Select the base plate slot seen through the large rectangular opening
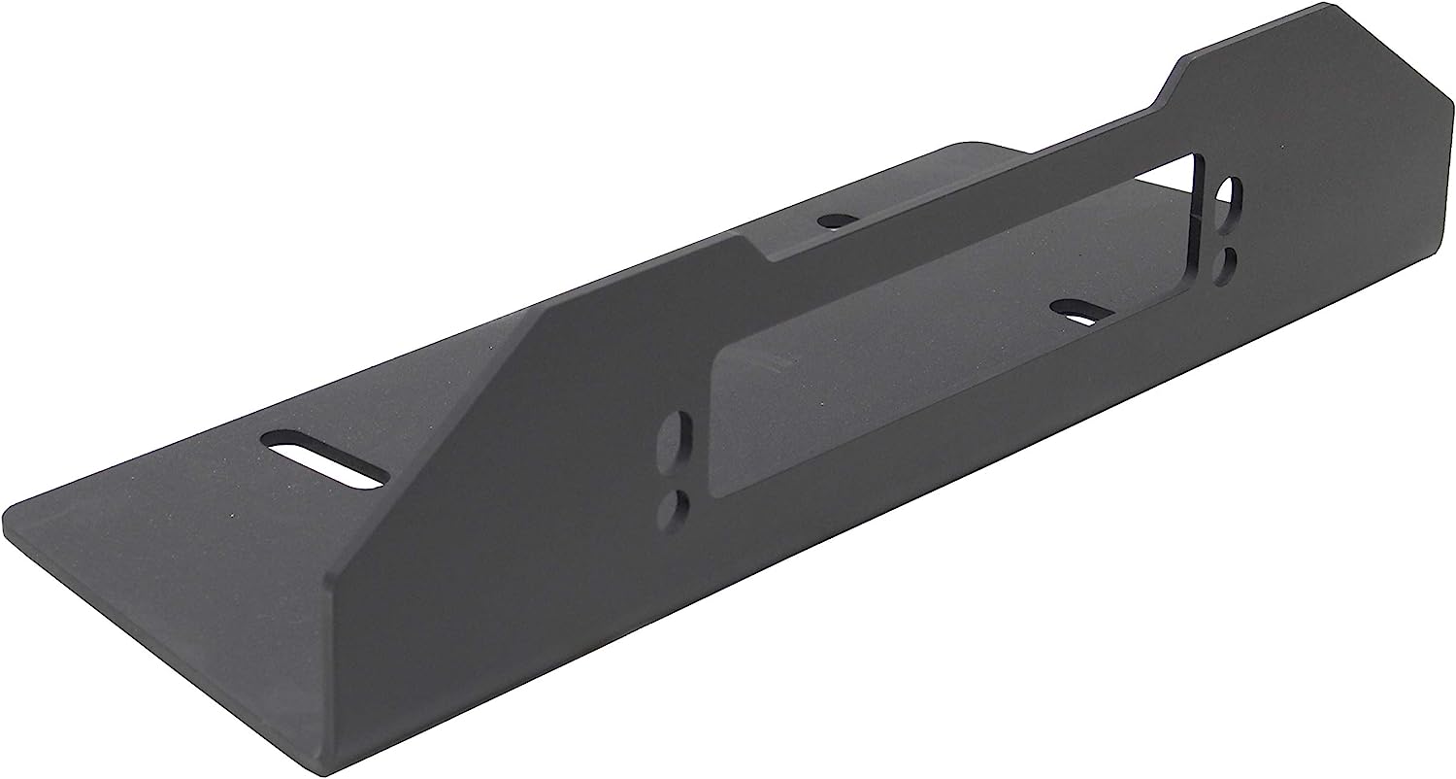1083,313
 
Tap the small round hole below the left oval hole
671,507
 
